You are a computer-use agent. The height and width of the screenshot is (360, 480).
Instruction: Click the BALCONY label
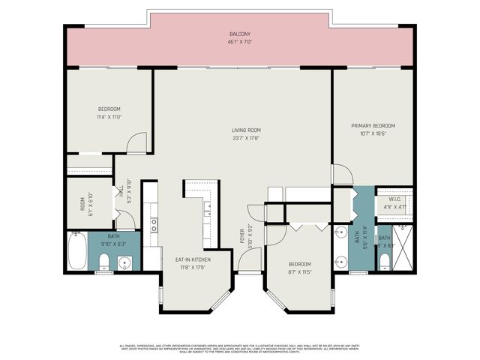click(240, 34)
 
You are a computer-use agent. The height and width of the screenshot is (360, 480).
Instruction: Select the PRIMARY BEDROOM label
click(373, 125)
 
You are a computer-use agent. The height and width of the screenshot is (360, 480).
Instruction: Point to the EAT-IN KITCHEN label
click(193, 259)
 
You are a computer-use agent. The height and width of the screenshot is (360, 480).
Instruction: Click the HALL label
click(120, 191)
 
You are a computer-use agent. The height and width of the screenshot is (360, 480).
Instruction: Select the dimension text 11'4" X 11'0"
click(109, 117)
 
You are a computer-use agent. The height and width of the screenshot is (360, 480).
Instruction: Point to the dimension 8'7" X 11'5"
click(300, 271)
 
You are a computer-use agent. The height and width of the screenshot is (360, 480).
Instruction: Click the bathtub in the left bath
click(76, 252)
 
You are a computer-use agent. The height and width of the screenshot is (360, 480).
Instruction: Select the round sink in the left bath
click(124, 262)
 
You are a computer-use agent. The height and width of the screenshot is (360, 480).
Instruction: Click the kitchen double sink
click(154, 223)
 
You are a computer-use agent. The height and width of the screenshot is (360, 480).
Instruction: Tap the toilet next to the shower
click(383, 260)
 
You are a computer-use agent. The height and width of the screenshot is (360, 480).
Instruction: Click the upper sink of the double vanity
click(341, 232)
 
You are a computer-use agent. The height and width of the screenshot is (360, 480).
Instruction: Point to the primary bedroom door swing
click(341, 174)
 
